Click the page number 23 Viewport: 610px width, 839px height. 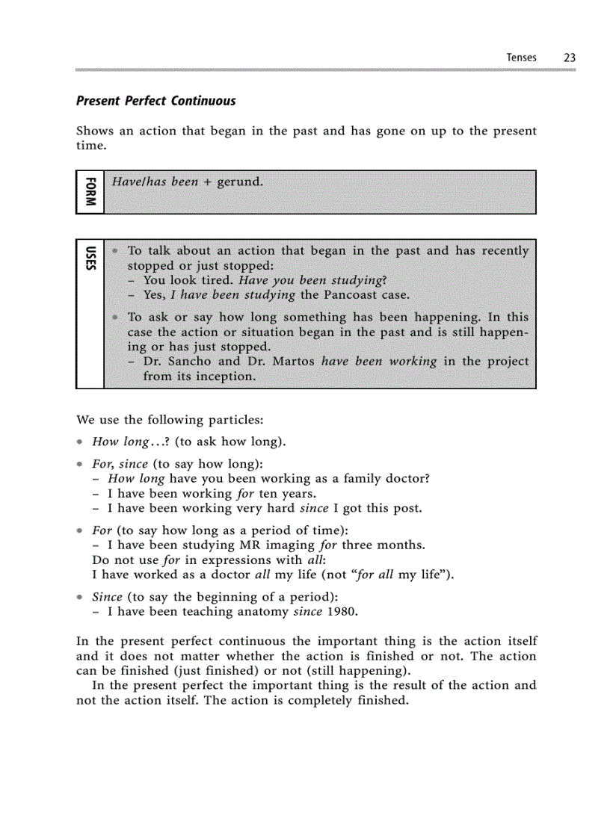(569, 58)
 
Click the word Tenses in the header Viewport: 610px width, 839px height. (521, 58)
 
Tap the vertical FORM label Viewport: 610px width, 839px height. (90, 192)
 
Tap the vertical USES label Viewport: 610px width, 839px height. (90, 258)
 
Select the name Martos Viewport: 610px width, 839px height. (290, 362)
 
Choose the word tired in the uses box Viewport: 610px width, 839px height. (217, 280)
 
